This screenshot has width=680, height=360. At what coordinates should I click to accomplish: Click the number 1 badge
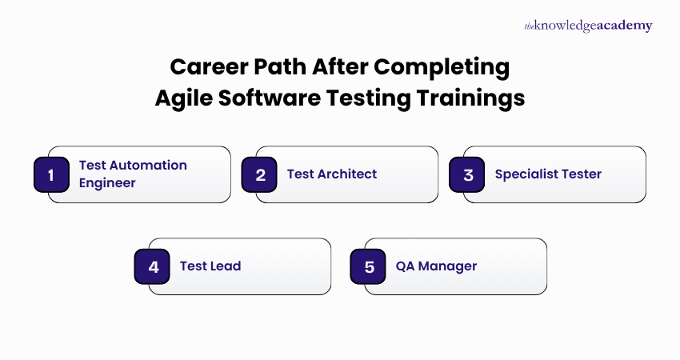pyautogui.click(x=51, y=174)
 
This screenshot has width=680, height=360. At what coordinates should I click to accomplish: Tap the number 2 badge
pyautogui.click(x=259, y=174)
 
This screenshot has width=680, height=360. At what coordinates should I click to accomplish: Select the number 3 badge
pyautogui.click(x=467, y=174)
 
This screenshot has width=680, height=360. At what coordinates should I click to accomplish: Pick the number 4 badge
pyautogui.click(x=152, y=266)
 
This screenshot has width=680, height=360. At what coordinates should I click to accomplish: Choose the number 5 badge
pyautogui.click(x=368, y=266)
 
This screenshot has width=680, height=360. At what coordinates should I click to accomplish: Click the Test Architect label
pyautogui.click(x=331, y=174)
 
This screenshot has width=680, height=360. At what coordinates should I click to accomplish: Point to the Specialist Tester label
pyautogui.click(x=548, y=174)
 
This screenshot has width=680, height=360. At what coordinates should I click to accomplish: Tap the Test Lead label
pyautogui.click(x=210, y=266)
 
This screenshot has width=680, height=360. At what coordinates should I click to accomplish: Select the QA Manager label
pyautogui.click(x=436, y=266)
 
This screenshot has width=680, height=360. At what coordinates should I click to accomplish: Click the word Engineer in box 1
pyautogui.click(x=107, y=182)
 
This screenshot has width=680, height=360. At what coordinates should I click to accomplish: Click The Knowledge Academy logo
pyautogui.click(x=588, y=26)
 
